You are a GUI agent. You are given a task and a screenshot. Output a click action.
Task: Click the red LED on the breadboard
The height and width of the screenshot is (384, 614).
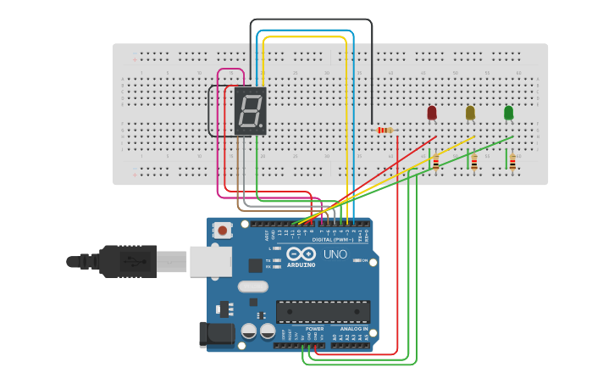[x=432, y=113]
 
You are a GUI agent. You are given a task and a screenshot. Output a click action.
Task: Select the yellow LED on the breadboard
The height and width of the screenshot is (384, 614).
[x=470, y=113]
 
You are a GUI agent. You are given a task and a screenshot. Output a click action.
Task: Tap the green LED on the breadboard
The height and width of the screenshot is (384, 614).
[x=508, y=113]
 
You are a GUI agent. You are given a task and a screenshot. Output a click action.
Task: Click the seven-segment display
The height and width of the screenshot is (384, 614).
[x=250, y=111]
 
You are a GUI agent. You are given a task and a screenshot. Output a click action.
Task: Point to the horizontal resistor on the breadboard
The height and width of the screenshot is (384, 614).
[x=385, y=130]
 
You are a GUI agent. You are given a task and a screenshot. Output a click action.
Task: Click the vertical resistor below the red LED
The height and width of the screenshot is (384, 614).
[x=435, y=162]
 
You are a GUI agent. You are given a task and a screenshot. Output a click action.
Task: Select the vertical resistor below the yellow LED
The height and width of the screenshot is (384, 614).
[x=474, y=162]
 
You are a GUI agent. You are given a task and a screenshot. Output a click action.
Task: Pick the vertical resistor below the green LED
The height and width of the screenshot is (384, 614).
[x=512, y=162]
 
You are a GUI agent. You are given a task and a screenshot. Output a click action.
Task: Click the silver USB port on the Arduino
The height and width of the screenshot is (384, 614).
[x=210, y=261]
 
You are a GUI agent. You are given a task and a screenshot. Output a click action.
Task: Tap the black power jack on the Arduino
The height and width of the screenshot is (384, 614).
[x=216, y=334]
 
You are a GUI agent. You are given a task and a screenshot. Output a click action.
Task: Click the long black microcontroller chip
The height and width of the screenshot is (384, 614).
[x=323, y=311]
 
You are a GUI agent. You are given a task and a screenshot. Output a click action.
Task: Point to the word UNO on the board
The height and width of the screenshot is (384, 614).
[x=335, y=254]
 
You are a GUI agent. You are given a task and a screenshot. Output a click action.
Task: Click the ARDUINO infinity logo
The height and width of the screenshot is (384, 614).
[x=301, y=255]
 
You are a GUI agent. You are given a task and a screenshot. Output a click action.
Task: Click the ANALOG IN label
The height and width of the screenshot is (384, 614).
[x=354, y=328]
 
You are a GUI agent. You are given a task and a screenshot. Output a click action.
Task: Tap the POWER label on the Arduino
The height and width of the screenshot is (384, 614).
[x=303, y=328]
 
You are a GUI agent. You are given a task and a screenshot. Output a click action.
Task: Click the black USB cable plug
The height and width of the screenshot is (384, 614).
[x=127, y=261]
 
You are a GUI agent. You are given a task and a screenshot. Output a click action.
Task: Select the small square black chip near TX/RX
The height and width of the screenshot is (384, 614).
[x=255, y=265]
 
